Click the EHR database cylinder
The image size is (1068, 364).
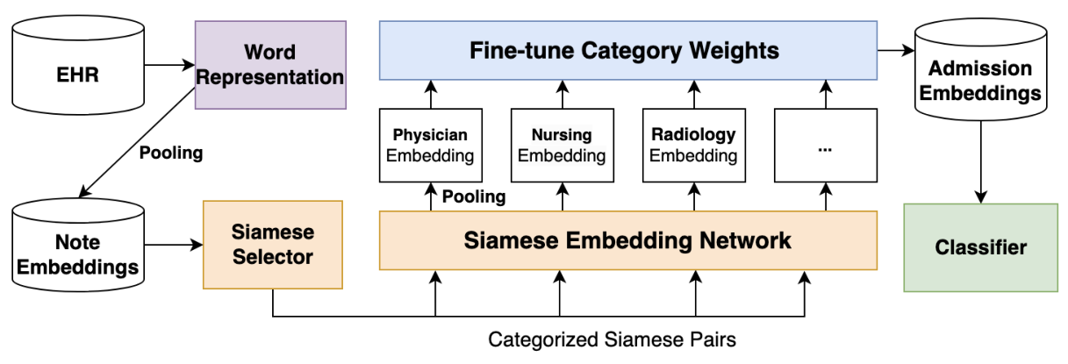pos(78,65)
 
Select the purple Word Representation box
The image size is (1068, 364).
pos(270,65)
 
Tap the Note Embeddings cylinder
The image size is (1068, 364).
pos(78,245)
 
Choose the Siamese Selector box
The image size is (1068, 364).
pos(273,245)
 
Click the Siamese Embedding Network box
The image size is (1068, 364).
pos(628,240)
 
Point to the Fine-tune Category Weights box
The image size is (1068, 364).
pos(628,50)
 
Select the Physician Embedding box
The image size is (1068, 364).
pos(431,146)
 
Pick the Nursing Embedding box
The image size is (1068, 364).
pos(563,146)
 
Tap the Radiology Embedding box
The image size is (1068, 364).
pos(694,146)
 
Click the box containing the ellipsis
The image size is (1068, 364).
pos(825,146)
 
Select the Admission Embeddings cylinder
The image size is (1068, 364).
pos(981,69)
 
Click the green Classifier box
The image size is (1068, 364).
pos(981,247)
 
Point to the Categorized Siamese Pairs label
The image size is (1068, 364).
pos(612,339)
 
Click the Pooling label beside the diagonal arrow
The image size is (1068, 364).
pos(171,153)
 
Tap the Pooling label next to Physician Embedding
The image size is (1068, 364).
pos(474,196)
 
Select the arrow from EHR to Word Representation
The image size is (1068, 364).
pos(169,65)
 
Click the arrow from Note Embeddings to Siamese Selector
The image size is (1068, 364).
pos(174,245)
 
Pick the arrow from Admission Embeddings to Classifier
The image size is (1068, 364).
pos(981,162)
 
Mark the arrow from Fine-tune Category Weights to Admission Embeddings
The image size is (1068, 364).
pos(896,50)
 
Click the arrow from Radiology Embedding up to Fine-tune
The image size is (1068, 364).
pos(694,95)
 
